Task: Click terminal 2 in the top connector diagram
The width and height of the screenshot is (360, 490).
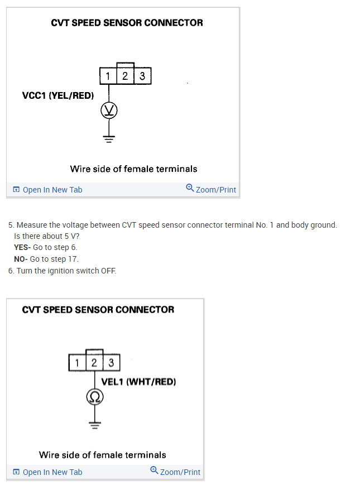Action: click(126, 76)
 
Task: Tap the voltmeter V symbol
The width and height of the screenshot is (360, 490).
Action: click(109, 111)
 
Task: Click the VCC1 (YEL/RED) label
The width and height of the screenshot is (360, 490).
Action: click(57, 95)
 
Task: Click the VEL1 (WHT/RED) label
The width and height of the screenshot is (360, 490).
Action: click(138, 382)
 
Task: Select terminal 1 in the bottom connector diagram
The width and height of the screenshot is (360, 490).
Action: click(77, 363)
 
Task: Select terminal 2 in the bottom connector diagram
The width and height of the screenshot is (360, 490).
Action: click(94, 363)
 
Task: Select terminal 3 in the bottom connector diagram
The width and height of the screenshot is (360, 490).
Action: click(111, 363)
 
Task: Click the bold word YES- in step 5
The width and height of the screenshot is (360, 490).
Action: click(22, 247)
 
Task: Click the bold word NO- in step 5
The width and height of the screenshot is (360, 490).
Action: click(21, 259)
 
